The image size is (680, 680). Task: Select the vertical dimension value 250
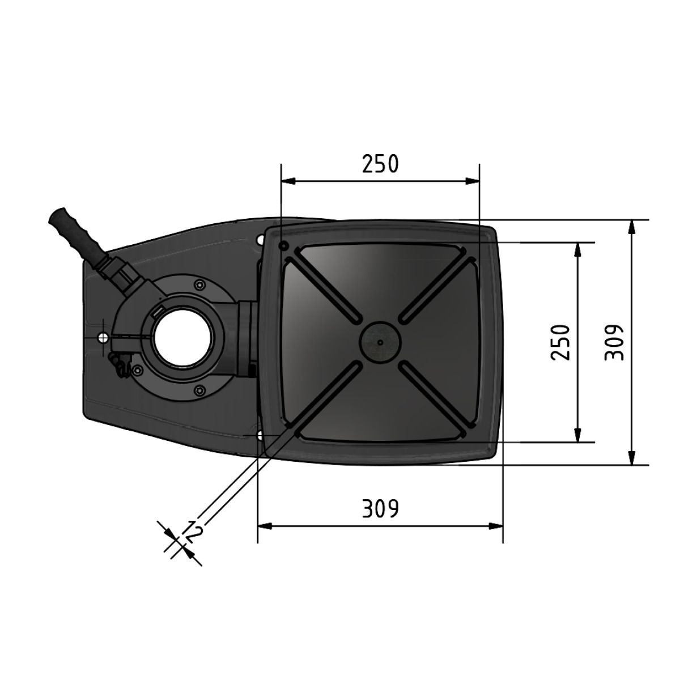click(560, 342)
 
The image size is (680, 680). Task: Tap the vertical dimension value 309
click(614, 342)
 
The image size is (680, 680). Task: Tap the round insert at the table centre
click(380, 342)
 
